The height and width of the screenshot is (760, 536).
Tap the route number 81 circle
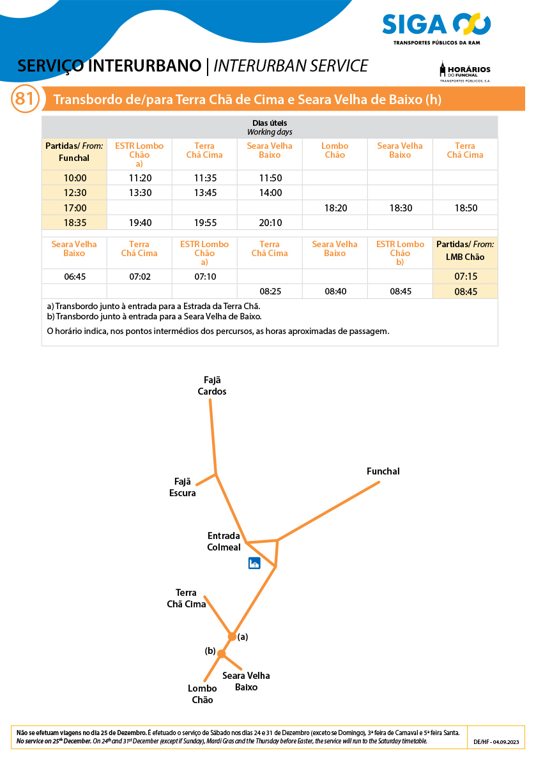[x=24, y=100]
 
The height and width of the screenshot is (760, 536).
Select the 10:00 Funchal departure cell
[x=75, y=178]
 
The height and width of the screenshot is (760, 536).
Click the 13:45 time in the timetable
[x=204, y=193]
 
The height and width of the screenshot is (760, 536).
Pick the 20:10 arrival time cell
[x=270, y=222]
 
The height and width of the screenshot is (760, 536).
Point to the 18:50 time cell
[x=464, y=208]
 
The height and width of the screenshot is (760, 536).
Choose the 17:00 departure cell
[x=75, y=208]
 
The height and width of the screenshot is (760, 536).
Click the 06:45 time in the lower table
[x=74, y=277]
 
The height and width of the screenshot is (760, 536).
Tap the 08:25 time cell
[x=270, y=291]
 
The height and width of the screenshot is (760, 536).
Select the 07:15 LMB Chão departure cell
[x=465, y=277]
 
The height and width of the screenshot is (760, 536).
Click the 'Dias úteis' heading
[x=270, y=123]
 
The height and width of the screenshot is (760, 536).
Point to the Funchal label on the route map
[x=383, y=471]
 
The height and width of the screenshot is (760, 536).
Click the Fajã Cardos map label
[x=211, y=386]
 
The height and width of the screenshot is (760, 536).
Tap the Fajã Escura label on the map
[x=183, y=487]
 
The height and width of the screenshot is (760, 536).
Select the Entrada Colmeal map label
[x=224, y=542]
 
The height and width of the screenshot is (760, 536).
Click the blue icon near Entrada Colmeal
[x=254, y=563]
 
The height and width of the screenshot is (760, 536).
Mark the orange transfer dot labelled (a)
[x=232, y=636]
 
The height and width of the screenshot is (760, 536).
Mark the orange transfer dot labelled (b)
[x=221, y=653]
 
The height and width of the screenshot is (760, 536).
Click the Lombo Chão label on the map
[x=202, y=694]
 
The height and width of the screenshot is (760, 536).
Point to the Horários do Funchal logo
[x=464, y=72]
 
